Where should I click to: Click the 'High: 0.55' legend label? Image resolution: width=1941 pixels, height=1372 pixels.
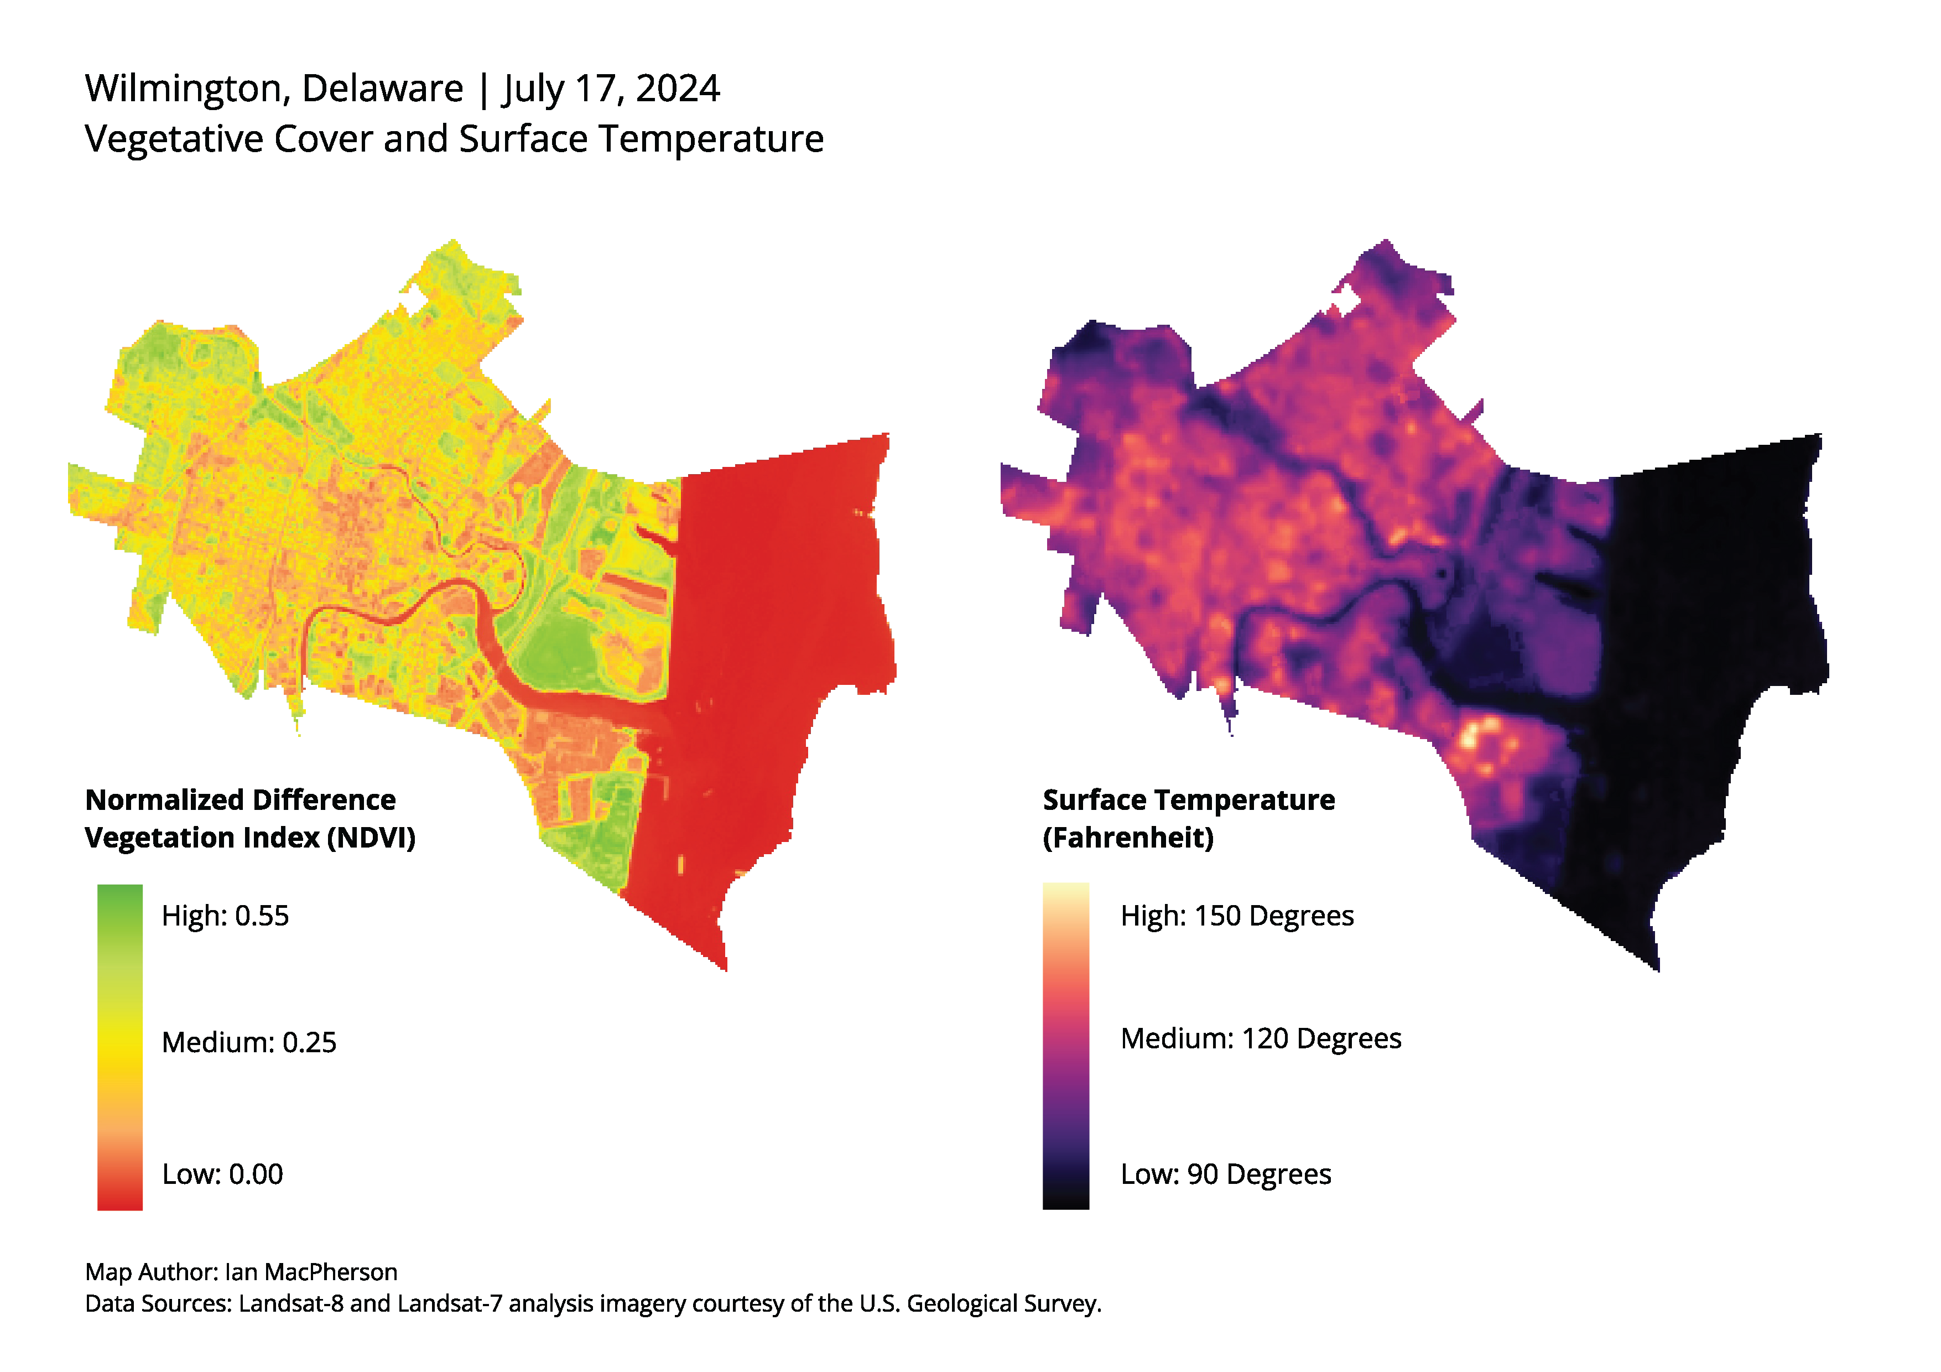coord(225,916)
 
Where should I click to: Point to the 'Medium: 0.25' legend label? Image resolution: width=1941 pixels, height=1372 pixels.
coord(248,1042)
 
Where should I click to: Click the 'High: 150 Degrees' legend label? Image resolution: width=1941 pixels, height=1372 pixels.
coord(1237,916)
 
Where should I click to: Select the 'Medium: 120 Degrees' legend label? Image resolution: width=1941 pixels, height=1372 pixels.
coord(1261,1038)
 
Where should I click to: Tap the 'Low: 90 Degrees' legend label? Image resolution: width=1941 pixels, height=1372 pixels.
coord(1226,1174)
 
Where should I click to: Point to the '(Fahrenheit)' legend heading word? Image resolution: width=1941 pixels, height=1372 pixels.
coord(1128,838)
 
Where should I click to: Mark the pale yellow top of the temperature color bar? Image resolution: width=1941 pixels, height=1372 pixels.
coord(1065,895)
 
